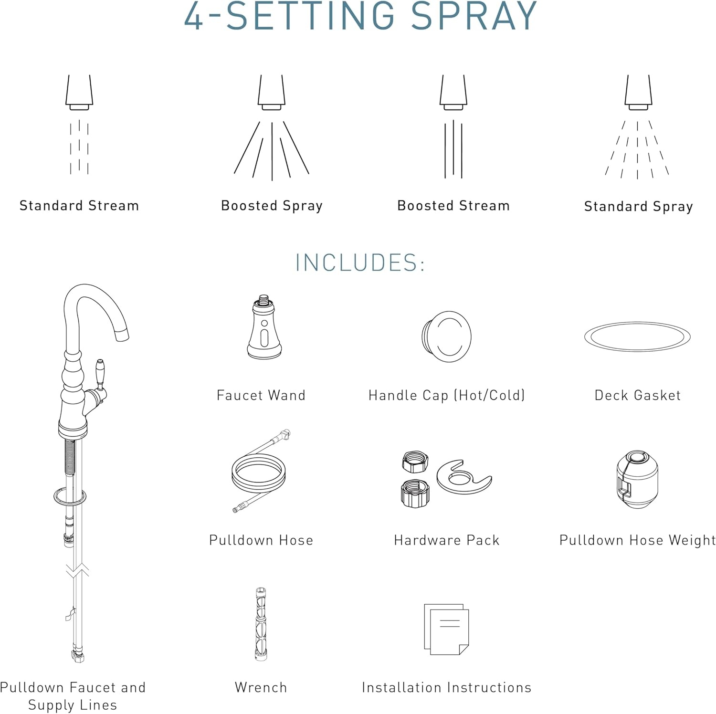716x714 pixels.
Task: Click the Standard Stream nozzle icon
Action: [79, 93]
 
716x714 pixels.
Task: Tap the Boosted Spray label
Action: [272, 206]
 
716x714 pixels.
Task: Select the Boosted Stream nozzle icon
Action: [453, 93]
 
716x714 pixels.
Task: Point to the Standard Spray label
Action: [638, 206]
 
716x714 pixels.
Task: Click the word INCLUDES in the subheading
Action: [356, 262]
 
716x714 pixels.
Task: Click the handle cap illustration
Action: [446, 336]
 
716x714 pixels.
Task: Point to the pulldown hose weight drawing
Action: [637, 479]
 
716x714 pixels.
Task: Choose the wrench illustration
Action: [261, 624]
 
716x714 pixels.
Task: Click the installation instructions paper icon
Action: [446, 629]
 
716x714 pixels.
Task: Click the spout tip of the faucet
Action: [123, 335]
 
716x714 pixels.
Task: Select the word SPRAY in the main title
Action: [474, 16]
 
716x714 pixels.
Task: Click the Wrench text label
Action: [261, 687]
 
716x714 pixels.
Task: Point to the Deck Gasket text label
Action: [637, 395]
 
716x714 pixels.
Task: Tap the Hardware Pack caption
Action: [446, 540]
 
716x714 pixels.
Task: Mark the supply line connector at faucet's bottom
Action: [78, 655]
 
